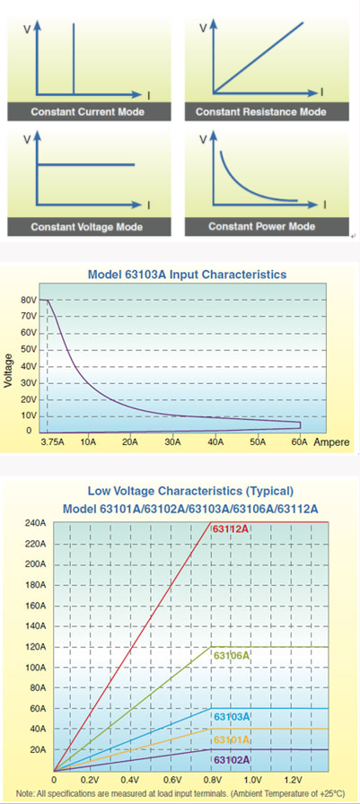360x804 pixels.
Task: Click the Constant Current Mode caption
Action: [x=87, y=112]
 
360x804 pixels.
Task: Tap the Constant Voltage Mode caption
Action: [x=86, y=227]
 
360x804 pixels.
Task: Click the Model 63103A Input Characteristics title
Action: [x=187, y=275]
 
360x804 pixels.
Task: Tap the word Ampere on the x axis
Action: [x=332, y=442]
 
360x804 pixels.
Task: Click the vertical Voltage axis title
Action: [x=9, y=368]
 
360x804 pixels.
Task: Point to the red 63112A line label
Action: [x=231, y=529]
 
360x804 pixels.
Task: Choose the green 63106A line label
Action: [x=232, y=656]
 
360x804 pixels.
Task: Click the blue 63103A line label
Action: [x=232, y=717]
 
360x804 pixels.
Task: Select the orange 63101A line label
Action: [x=232, y=739]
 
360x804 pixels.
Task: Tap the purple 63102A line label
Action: [x=232, y=760]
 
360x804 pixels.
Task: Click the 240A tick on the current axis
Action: [x=35, y=523]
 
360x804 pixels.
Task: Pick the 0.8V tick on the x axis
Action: [x=212, y=780]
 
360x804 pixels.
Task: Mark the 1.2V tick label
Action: [x=293, y=780]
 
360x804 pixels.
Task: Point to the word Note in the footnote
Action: [x=24, y=793]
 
